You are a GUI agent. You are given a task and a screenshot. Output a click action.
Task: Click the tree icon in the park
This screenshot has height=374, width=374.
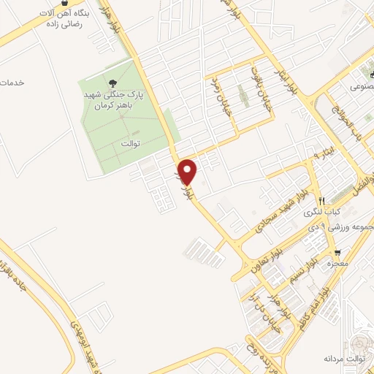(x=112, y=84)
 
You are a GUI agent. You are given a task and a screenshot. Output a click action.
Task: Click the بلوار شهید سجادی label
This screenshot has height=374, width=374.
(x=278, y=213)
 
